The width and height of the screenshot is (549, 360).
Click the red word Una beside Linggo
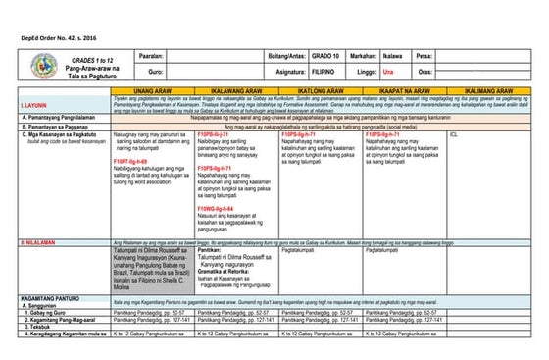(x=389, y=72)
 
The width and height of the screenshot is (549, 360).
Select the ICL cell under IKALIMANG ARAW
(x=454, y=134)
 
